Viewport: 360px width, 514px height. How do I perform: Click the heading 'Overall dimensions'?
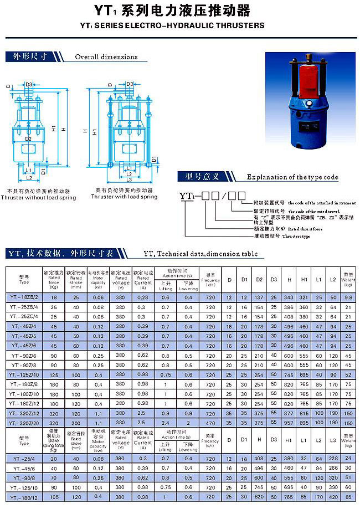click(x=106, y=57)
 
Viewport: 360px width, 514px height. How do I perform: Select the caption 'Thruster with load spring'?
click(x=124, y=197)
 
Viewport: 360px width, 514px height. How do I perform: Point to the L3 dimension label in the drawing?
click(x=128, y=179)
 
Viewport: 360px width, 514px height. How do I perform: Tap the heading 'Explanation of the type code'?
click(x=292, y=177)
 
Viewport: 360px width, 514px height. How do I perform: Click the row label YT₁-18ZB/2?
click(x=24, y=297)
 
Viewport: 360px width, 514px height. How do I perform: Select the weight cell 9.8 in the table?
click(x=348, y=297)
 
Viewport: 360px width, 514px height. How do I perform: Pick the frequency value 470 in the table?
click(x=210, y=422)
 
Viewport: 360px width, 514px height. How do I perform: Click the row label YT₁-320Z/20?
click(x=24, y=422)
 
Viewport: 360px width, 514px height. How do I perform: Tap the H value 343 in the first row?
click(x=289, y=297)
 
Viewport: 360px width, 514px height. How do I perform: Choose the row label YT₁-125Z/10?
click(x=24, y=374)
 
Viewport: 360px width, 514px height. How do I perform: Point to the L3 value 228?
click(x=333, y=459)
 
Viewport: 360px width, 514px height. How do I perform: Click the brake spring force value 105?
click(x=54, y=497)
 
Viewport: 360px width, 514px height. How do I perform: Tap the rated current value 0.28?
click(x=143, y=297)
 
